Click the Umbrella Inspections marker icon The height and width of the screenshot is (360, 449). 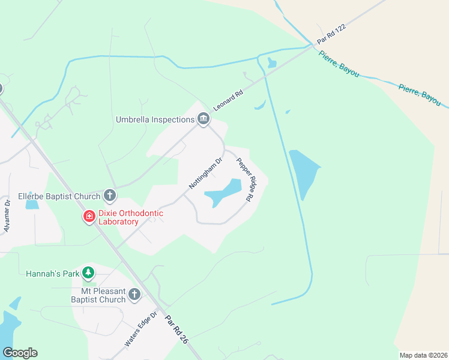[203, 119]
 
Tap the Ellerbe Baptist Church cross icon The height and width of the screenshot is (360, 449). [109, 195]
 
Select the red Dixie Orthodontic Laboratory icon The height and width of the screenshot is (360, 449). [89, 215]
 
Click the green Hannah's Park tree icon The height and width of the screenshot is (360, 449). [88, 274]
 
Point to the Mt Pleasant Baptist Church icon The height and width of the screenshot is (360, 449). [134, 295]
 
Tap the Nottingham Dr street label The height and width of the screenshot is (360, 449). [206, 172]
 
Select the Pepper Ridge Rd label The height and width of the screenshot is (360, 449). [244, 179]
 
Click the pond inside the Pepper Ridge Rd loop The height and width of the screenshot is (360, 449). [223, 193]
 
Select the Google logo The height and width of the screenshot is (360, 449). [20, 353]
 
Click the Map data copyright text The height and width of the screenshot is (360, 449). [423, 355]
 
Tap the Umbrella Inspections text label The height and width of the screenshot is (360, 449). [155, 119]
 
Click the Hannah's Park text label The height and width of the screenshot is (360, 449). [53, 274]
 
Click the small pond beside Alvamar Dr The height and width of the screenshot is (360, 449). [32, 205]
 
